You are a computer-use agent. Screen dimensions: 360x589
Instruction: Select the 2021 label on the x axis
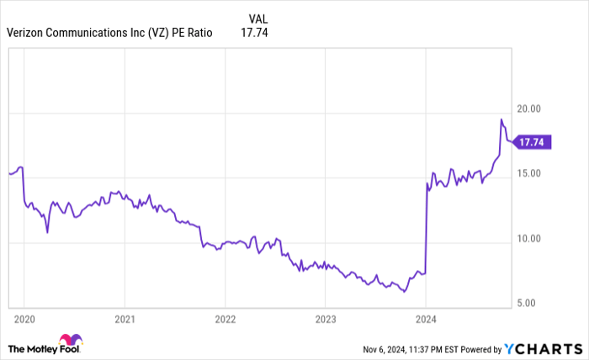[x=125, y=320]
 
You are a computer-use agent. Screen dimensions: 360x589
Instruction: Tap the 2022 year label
[x=225, y=320]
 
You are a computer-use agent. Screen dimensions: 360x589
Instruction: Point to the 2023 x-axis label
[x=326, y=320]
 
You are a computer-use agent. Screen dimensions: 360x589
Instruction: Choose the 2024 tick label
[x=426, y=320]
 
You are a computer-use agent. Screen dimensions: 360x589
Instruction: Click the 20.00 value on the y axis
[x=528, y=109]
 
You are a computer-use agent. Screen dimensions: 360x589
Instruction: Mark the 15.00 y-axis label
[x=528, y=174]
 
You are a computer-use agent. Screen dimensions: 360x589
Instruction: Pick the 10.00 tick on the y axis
[x=528, y=238]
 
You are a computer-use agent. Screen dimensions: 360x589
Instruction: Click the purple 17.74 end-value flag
[x=533, y=143]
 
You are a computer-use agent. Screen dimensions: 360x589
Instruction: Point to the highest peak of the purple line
[x=501, y=120]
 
